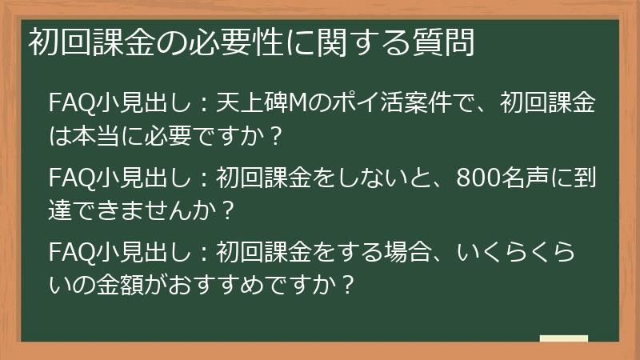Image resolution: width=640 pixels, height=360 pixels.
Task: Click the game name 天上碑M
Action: (262, 104)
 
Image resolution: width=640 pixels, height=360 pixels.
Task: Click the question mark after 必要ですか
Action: (277, 136)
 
